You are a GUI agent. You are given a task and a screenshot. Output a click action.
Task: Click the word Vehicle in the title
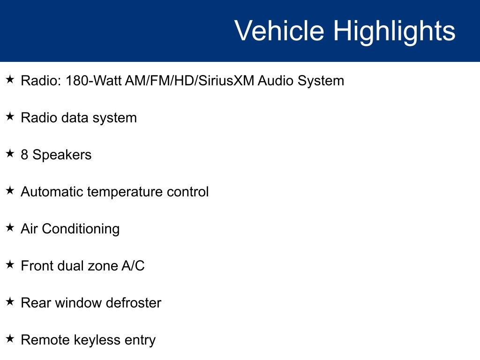279,30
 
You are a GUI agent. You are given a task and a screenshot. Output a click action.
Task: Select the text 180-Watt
94,81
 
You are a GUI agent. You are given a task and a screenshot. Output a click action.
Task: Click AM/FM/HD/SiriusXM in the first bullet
190,81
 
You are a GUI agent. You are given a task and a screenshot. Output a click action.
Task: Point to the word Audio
276,81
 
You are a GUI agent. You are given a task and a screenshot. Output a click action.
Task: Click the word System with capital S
321,82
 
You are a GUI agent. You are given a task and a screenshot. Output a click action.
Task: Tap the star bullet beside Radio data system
10,116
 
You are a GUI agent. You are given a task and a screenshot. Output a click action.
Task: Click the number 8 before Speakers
24,155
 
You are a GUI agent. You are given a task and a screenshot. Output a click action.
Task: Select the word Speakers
62,155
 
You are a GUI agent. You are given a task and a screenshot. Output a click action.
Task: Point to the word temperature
125,193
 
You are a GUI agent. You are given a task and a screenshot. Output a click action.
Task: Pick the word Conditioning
81,230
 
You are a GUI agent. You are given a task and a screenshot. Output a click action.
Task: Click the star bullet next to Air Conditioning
10,227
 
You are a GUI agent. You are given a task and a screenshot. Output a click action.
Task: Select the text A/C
133,266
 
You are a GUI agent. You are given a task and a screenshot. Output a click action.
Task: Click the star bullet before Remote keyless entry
10,338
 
